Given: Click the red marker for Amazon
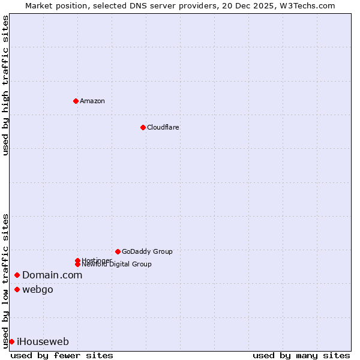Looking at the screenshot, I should point(76,101).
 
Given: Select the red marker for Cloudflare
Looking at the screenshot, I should point(143,127).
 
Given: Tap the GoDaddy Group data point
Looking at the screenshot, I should point(118,251).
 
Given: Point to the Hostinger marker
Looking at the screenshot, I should point(77,260).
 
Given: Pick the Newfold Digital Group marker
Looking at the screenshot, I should point(77,264).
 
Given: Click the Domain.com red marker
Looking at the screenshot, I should point(17,275).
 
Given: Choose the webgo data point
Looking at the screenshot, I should point(17,290).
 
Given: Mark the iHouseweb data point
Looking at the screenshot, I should point(11,341).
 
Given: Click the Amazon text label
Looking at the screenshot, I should point(92,101).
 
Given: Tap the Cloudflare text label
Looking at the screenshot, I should point(163,127).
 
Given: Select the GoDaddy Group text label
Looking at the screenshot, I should point(147,251).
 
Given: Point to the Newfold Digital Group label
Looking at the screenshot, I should point(116,265).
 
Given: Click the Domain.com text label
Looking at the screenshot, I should point(52,275).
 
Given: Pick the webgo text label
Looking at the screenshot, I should point(38,290).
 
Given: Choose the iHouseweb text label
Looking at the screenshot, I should point(43,341).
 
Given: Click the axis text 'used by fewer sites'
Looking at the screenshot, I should point(62,355).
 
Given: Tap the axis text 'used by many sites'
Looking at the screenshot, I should point(301,355).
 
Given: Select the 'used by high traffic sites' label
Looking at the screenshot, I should point(5,85).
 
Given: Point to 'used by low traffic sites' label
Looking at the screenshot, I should point(5,280).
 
